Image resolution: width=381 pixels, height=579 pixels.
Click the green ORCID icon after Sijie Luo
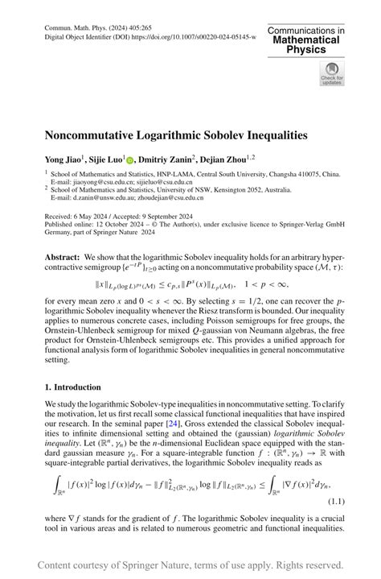click(x=130, y=159)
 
